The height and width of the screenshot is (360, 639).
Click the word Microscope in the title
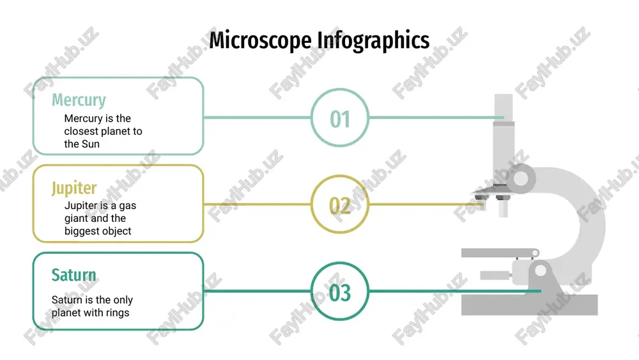pyautogui.click(x=261, y=41)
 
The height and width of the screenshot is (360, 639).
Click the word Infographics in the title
pyautogui.click(x=373, y=41)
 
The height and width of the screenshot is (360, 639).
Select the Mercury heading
pyautogui.click(x=79, y=100)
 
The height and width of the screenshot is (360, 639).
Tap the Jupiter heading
pyautogui.click(x=74, y=188)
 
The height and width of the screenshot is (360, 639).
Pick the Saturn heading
pyautogui.click(x=73, y=275)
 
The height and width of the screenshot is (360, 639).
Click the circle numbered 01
pyautogui.click(x=340, y=118)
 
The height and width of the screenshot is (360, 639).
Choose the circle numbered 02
pyautogui.click(x=340, y=204)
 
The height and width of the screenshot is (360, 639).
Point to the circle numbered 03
pyautogui.click(x=340, y=291)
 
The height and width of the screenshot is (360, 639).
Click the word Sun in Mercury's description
pyautogui.click(x=91, y=144)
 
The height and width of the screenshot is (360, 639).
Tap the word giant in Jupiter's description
pyautogui.click(x=77, y=219)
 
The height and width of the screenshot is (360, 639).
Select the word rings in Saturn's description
pyautogui.click(x=118, y=313)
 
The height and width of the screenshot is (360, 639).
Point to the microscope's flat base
pyautogui.click(x=529, y=304)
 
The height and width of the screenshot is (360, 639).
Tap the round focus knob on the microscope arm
pyautogui.click(x=520, y=178)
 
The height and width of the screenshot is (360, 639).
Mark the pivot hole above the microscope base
pyautogui.click(x=541, y=270)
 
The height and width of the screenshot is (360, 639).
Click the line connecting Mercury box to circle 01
pyautogui.click(x=257, y=118)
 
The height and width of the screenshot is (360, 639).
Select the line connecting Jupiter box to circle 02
pyautogui.click(x=257, y=204)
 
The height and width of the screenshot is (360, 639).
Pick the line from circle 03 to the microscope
pyautogui.click(x=455, y=291)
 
